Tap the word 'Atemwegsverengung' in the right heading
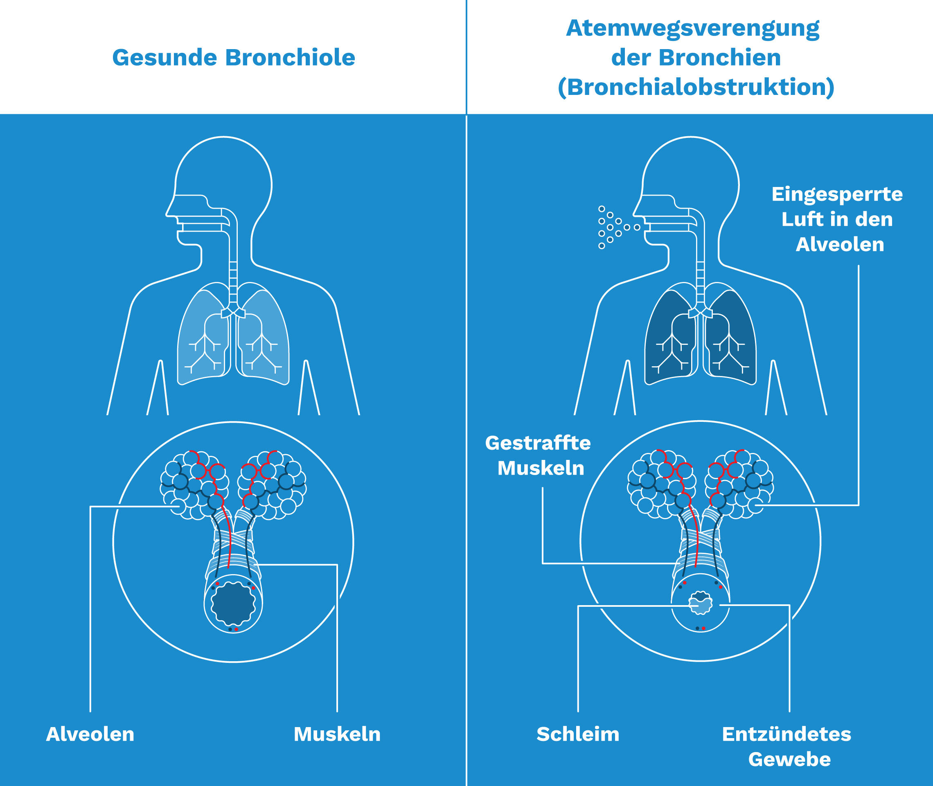[x=692, y=29]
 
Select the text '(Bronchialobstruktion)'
[x=696, y=87]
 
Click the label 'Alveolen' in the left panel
[x=90, y=734]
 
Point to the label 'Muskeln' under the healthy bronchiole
[x=337, y=734]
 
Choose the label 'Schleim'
[x=578, y=734]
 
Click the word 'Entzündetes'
[x=787, y=734]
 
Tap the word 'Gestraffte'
[x=538, y=444]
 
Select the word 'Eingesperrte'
[x=837, y=195]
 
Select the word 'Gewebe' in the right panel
[x=789, y=759]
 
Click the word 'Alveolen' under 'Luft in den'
[x=839, y=245]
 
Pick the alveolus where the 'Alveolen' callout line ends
[x=179, y=507]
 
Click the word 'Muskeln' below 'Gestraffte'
[x=541, y=468]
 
